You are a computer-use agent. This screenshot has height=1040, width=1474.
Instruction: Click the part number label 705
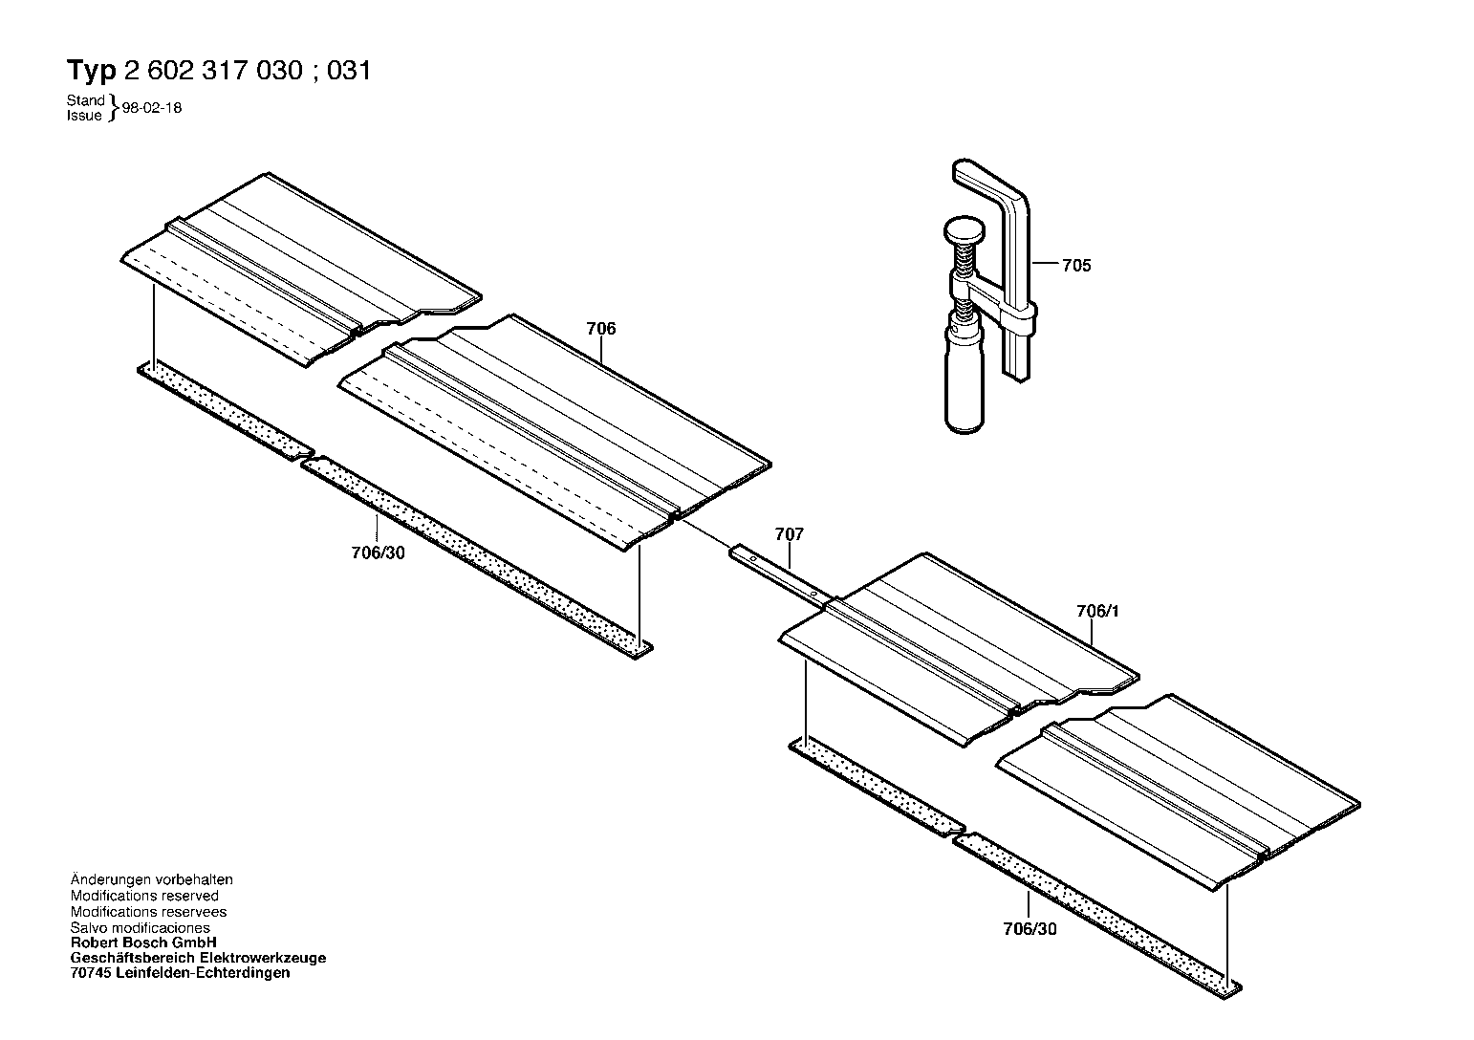tap(1076, 266)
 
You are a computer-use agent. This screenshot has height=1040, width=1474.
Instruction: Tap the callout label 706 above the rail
tap(601, 329)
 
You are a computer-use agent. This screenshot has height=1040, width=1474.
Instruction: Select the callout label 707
tap(789, 533)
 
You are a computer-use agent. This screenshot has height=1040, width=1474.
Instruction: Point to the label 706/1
tap(1097, 611)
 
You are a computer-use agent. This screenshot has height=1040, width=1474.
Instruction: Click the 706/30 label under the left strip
tap(379, 552)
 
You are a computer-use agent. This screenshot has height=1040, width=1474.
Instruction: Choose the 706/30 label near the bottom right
tap(1030, 929)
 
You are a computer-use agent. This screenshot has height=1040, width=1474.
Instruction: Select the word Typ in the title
tap(92, 70)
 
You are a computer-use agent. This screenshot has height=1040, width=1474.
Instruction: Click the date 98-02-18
tap(152, 108)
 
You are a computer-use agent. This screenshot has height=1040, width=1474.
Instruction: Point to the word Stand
tap(85, 100)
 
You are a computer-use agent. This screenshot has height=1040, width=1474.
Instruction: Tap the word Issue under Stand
tap(84, 116)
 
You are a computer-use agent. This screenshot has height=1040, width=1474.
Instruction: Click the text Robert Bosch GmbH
tap(143, 942)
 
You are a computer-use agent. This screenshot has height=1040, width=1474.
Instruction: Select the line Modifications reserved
tap(144, 896)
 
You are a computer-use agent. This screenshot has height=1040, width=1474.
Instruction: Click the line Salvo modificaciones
tap(141, 927)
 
